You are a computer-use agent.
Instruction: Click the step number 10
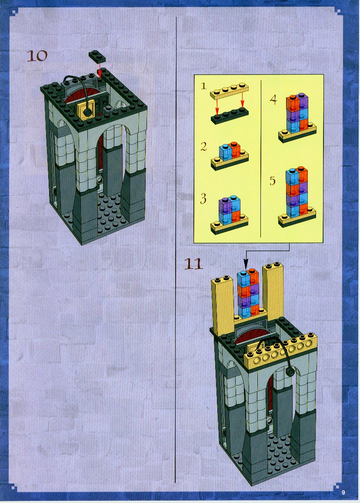(37, 56)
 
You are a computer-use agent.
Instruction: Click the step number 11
(193, 264)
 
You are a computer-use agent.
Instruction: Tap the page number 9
(343, 493)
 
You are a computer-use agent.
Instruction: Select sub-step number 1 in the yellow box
(203, 86)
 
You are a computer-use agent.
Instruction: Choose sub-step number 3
(203, 199)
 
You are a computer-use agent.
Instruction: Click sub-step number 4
(273, 100)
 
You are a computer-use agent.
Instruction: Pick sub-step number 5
(273, 181)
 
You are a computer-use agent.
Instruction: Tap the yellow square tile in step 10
(87, 109)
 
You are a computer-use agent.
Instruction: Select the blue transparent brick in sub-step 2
(225, 152)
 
